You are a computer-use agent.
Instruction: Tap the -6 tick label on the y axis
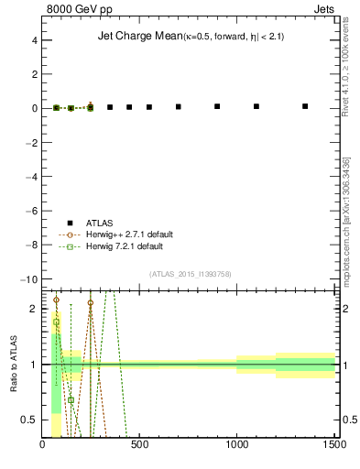(30, 211)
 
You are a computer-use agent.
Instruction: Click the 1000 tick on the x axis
(237, 446)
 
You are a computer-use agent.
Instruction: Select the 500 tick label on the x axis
(140, 446)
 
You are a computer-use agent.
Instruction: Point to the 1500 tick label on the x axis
(333, 446)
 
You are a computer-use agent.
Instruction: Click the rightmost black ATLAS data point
(305, 106)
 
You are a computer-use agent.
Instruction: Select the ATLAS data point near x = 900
(217, 106)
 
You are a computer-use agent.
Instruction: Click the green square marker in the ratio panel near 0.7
(71, 399)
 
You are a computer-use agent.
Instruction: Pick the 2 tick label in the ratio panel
(33, 309)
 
